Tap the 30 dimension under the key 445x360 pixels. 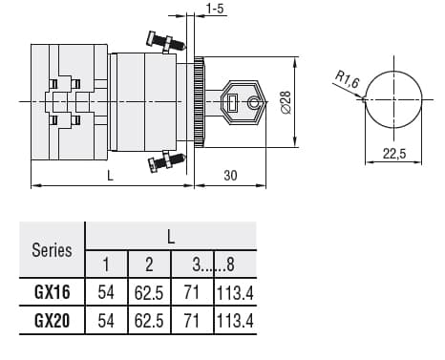[230, 175]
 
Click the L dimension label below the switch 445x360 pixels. [111, 175]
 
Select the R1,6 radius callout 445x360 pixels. [348, 82]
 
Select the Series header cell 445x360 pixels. [52, 250]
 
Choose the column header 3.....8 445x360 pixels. [215, 264]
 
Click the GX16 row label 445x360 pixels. [53, 292]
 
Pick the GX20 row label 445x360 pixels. [53, 321]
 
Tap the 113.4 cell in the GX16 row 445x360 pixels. [236, 292]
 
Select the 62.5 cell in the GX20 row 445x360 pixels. [149, 321]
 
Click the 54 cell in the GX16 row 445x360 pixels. [106, 292]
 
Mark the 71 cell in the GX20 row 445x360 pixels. [192, 321]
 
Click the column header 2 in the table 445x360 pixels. [149, 264]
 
